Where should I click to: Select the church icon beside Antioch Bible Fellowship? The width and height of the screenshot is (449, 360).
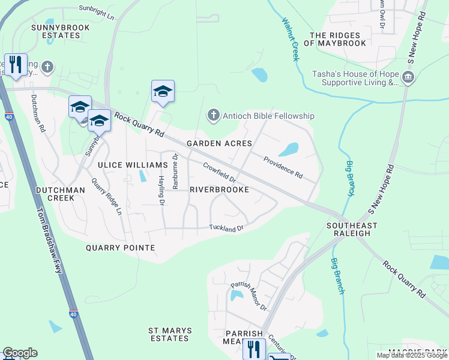tap(212, 115)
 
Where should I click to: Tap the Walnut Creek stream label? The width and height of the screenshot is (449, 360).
tap(290, 38)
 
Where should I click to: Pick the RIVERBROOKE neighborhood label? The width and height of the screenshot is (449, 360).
tap(219, 189)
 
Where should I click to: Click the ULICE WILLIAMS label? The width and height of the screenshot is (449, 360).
tap(133, 165)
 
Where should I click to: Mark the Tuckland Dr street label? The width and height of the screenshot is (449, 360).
tap(226, 227)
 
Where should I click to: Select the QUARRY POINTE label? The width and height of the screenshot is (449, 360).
tap(120, 247)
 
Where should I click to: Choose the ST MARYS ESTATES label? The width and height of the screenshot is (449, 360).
tap(170, 334)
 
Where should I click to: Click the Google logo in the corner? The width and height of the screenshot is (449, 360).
tap(20, 353)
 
